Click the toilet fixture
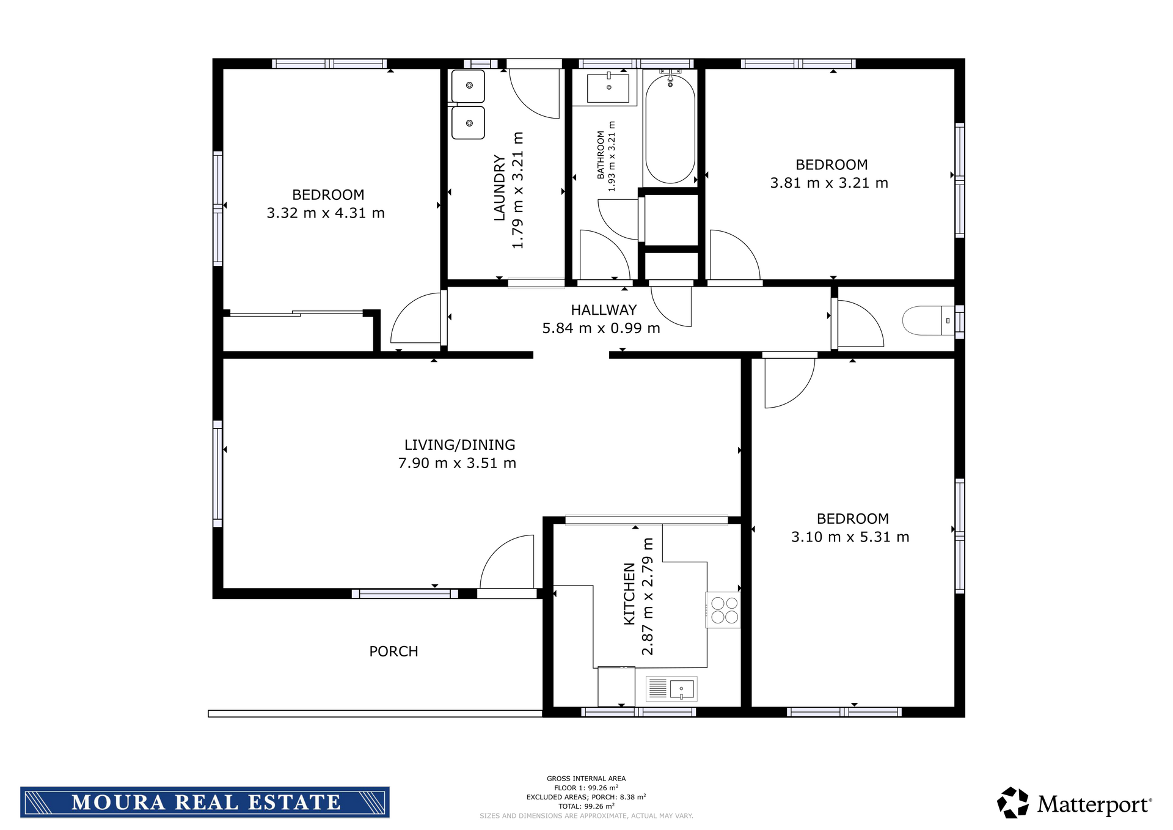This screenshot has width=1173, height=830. point(927,320)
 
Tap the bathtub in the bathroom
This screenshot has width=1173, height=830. point(670,129)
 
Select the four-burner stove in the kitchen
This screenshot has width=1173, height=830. point(723,609)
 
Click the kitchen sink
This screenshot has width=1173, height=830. point(671,689)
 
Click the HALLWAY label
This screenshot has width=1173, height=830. point(604,310)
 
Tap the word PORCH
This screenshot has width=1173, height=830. point(393,652)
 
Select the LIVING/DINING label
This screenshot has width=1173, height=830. point(459,445)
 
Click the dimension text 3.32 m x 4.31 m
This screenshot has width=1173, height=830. point(326,213)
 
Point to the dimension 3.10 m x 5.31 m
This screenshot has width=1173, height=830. point(850,537)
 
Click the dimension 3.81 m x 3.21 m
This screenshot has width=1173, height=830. point(829,183)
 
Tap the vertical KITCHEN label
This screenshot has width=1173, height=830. point(629,594)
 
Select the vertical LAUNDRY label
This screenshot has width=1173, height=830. point(500,188)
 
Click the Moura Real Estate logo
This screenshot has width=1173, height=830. point(205,802)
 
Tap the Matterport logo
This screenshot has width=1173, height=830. point(1075,803)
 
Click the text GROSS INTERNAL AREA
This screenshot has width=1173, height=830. point(586,779)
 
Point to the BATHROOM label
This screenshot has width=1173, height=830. point(601,155)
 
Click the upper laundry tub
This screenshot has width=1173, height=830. point(468,86)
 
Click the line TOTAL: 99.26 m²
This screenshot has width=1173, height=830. point(586,806)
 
